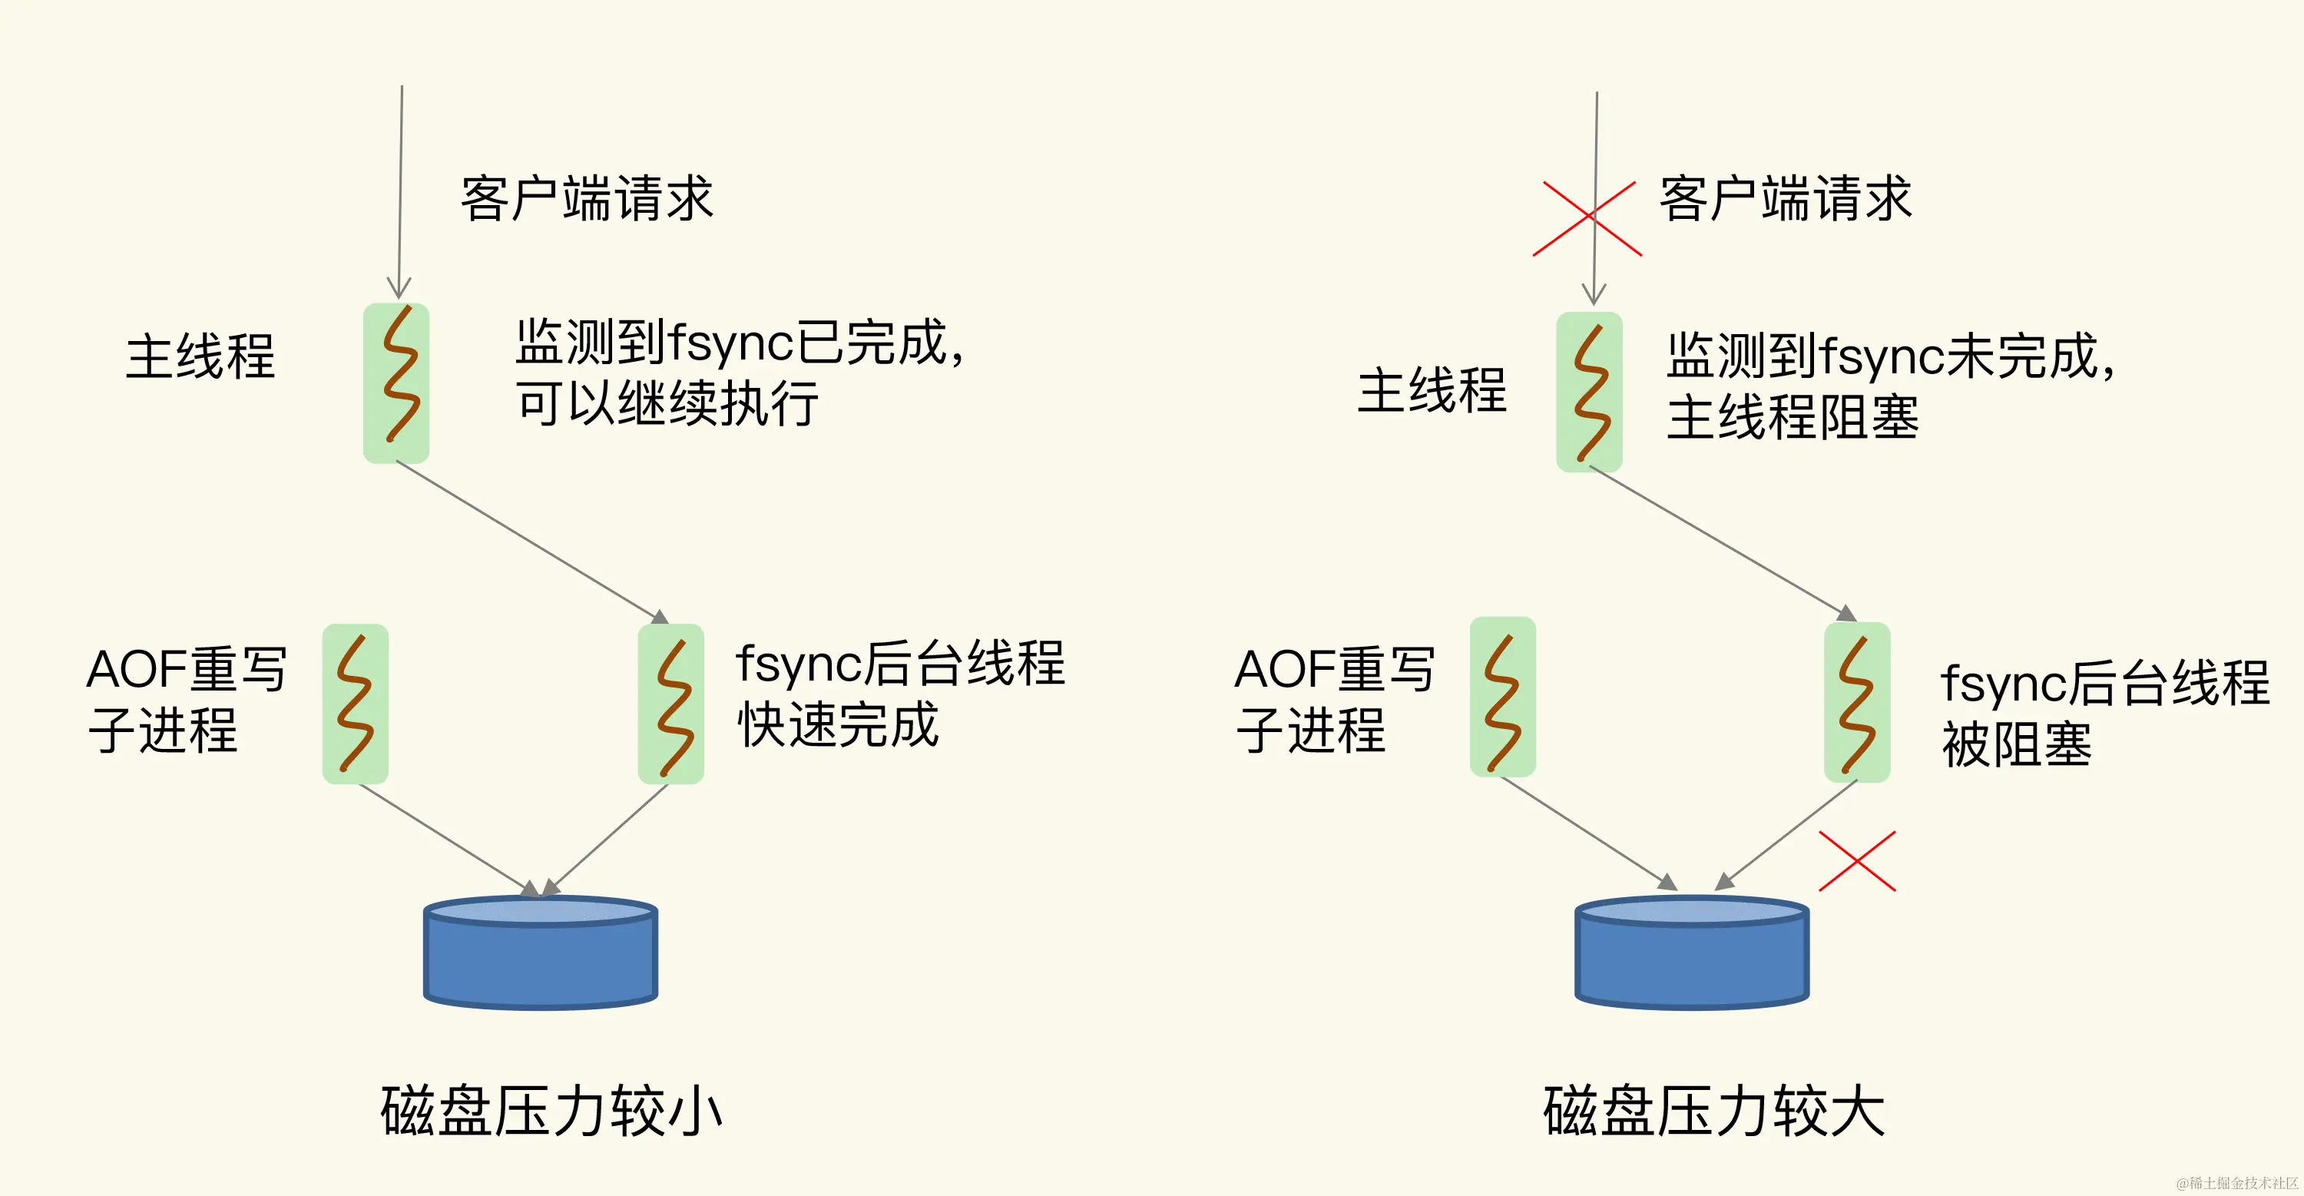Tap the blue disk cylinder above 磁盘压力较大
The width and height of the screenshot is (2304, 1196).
point(1691,952)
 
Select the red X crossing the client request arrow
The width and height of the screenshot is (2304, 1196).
point(1587,218)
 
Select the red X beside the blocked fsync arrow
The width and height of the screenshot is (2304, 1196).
point(1857,860)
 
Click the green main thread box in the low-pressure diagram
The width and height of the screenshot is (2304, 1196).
point(396,383)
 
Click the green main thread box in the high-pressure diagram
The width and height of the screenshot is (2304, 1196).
point(1589,392)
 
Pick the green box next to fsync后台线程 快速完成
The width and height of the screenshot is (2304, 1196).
point(670,704)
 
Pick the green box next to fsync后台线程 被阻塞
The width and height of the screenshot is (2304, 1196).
point(1857,702)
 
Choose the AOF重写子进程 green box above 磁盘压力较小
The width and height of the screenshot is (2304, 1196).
point(355,704)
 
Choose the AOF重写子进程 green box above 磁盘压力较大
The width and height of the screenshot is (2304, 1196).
point(1503,697)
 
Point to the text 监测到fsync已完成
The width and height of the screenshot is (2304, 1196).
point(739,343)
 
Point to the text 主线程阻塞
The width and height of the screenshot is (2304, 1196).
point(1793,418)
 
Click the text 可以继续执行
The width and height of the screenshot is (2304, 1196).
point(667,403)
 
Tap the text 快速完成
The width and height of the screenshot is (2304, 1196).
point(838,724)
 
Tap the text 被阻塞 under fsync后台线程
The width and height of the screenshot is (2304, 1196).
point(2016,744)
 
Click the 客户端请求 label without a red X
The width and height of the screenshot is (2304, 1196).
point(587,199)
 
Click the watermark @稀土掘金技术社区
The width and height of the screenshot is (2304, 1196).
point(2236,1183)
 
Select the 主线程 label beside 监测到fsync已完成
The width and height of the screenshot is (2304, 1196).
point(200,356)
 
